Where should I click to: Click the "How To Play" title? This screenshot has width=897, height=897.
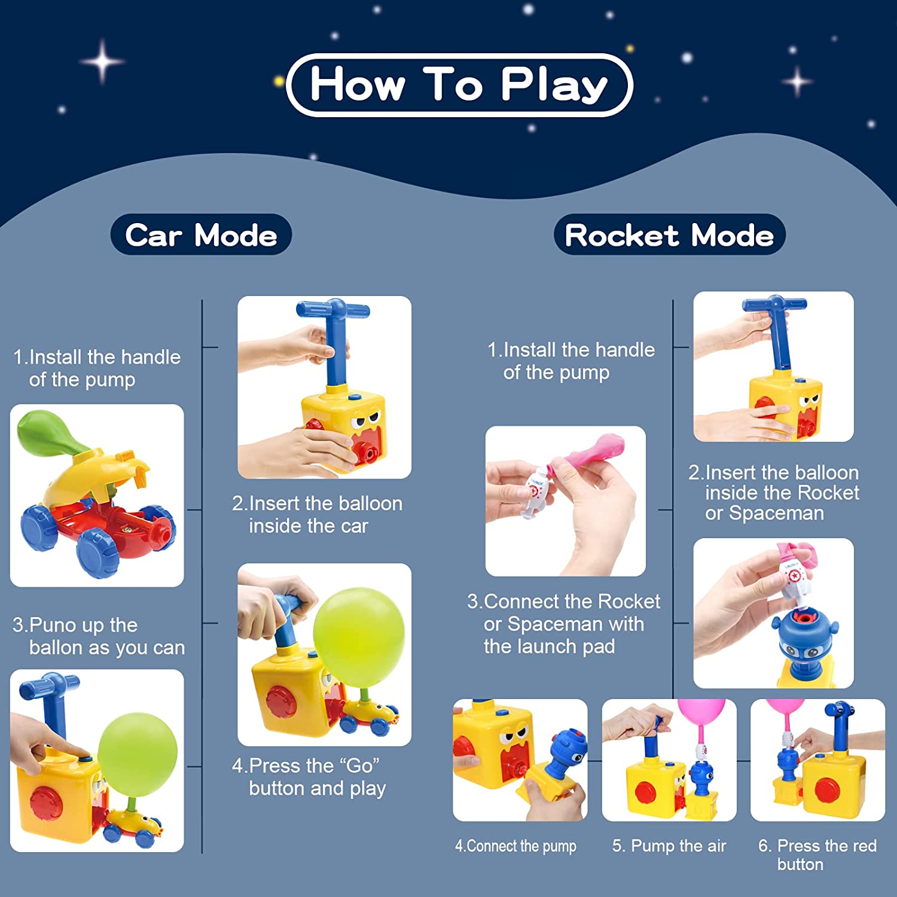[x=459, y=84]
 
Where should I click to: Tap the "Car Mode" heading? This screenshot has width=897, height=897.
[x=201, y=234]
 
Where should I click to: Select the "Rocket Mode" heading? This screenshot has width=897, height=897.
[x=669, y=234]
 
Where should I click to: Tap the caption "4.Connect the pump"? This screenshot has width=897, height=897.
[x=515, y=846]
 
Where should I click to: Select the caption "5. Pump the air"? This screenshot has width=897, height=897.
[x=669, y=846]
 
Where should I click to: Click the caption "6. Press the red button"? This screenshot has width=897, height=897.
[x=817, y=855]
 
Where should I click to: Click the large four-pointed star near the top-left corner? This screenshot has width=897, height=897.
[x=103, y=61]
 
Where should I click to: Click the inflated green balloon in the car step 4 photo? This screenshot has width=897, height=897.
[x=359, y=637]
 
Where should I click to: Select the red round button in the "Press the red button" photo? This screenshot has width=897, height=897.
[x=826, y=790]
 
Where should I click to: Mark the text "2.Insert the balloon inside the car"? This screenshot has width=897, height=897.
[x=317, y=514]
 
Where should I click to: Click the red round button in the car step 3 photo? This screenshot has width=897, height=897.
[x=46, y=802]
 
